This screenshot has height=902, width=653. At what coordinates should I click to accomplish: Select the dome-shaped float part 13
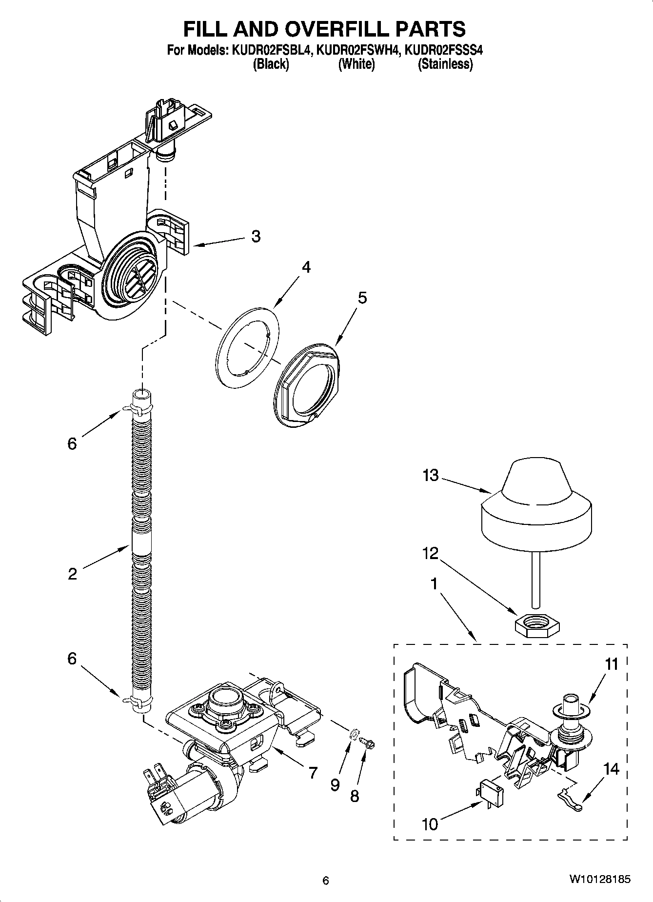(536, 505)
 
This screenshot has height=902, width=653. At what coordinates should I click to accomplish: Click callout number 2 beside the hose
(72, 574)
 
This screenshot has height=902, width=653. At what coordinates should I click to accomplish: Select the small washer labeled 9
(354, 733)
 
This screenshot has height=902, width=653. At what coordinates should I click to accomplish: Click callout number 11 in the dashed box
(611, 664)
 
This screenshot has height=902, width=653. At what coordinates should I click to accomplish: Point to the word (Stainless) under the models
(445, 64)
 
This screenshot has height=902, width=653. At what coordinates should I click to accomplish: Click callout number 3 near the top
(256, 237)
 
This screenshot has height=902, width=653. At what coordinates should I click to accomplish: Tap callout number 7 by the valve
(312, 772)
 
